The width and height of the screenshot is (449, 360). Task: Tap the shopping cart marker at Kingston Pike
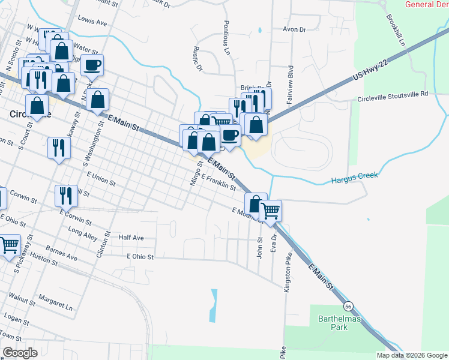[x=271, y=211]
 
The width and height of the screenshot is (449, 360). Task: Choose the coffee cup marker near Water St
[x=92, y=65]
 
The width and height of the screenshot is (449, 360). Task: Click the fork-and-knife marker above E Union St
[x=59, y=148]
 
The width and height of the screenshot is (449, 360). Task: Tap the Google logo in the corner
[x=20, y=352]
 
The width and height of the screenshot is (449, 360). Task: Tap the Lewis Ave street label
[x=92, y=22]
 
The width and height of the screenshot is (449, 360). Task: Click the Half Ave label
[x=131, y=238]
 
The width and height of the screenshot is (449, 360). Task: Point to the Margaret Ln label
[x=55, y=301]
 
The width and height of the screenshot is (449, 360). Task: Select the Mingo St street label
[x=194, y=172]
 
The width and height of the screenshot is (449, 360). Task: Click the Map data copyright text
[x=411, y=355]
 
